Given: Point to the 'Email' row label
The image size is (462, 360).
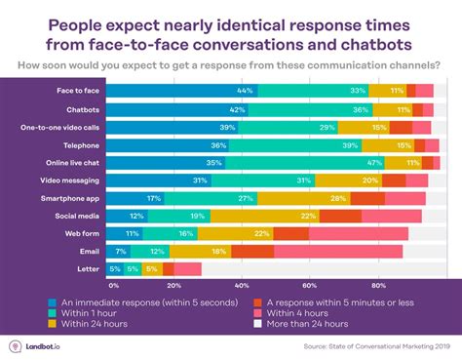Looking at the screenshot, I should click(x=87, y=251).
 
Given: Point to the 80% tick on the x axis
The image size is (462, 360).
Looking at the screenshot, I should click(x=378, y=286).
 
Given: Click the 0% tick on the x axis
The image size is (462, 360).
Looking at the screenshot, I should click(x=113, y=286).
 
